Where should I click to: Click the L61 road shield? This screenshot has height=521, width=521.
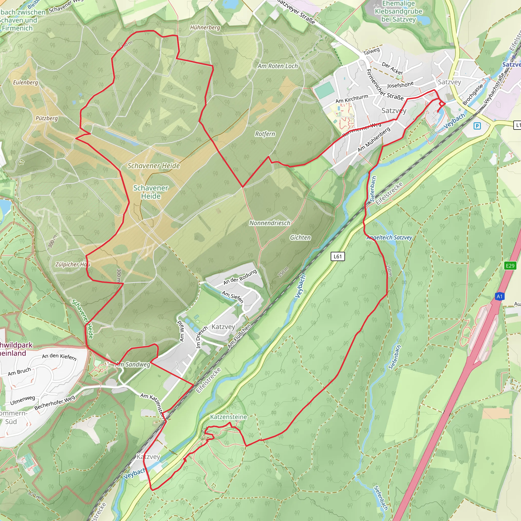338,256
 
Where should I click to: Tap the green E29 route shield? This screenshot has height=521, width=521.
510,266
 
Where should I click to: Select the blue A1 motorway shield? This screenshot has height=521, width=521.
500,296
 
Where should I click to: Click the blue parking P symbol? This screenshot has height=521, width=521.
477,126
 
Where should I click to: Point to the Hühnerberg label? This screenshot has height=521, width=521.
205,27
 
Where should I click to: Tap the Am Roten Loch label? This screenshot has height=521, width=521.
278,66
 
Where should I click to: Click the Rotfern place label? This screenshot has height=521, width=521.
265,134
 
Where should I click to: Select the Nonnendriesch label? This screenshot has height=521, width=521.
270,223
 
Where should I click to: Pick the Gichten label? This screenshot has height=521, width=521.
300,238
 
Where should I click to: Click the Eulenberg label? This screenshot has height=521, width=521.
26,82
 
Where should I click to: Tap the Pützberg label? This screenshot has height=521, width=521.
47,118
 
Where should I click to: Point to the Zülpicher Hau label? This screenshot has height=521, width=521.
73,265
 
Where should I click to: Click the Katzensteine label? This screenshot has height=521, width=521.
228,417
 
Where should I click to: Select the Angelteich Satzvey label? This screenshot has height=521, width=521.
389,238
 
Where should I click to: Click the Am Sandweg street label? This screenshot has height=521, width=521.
133,365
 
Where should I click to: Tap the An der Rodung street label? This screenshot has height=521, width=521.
240,277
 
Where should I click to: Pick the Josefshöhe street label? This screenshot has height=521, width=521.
400,85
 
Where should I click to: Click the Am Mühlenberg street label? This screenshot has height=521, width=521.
374,139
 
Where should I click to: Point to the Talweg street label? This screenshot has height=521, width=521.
371,51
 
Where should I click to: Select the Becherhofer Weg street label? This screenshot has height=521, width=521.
55,403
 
